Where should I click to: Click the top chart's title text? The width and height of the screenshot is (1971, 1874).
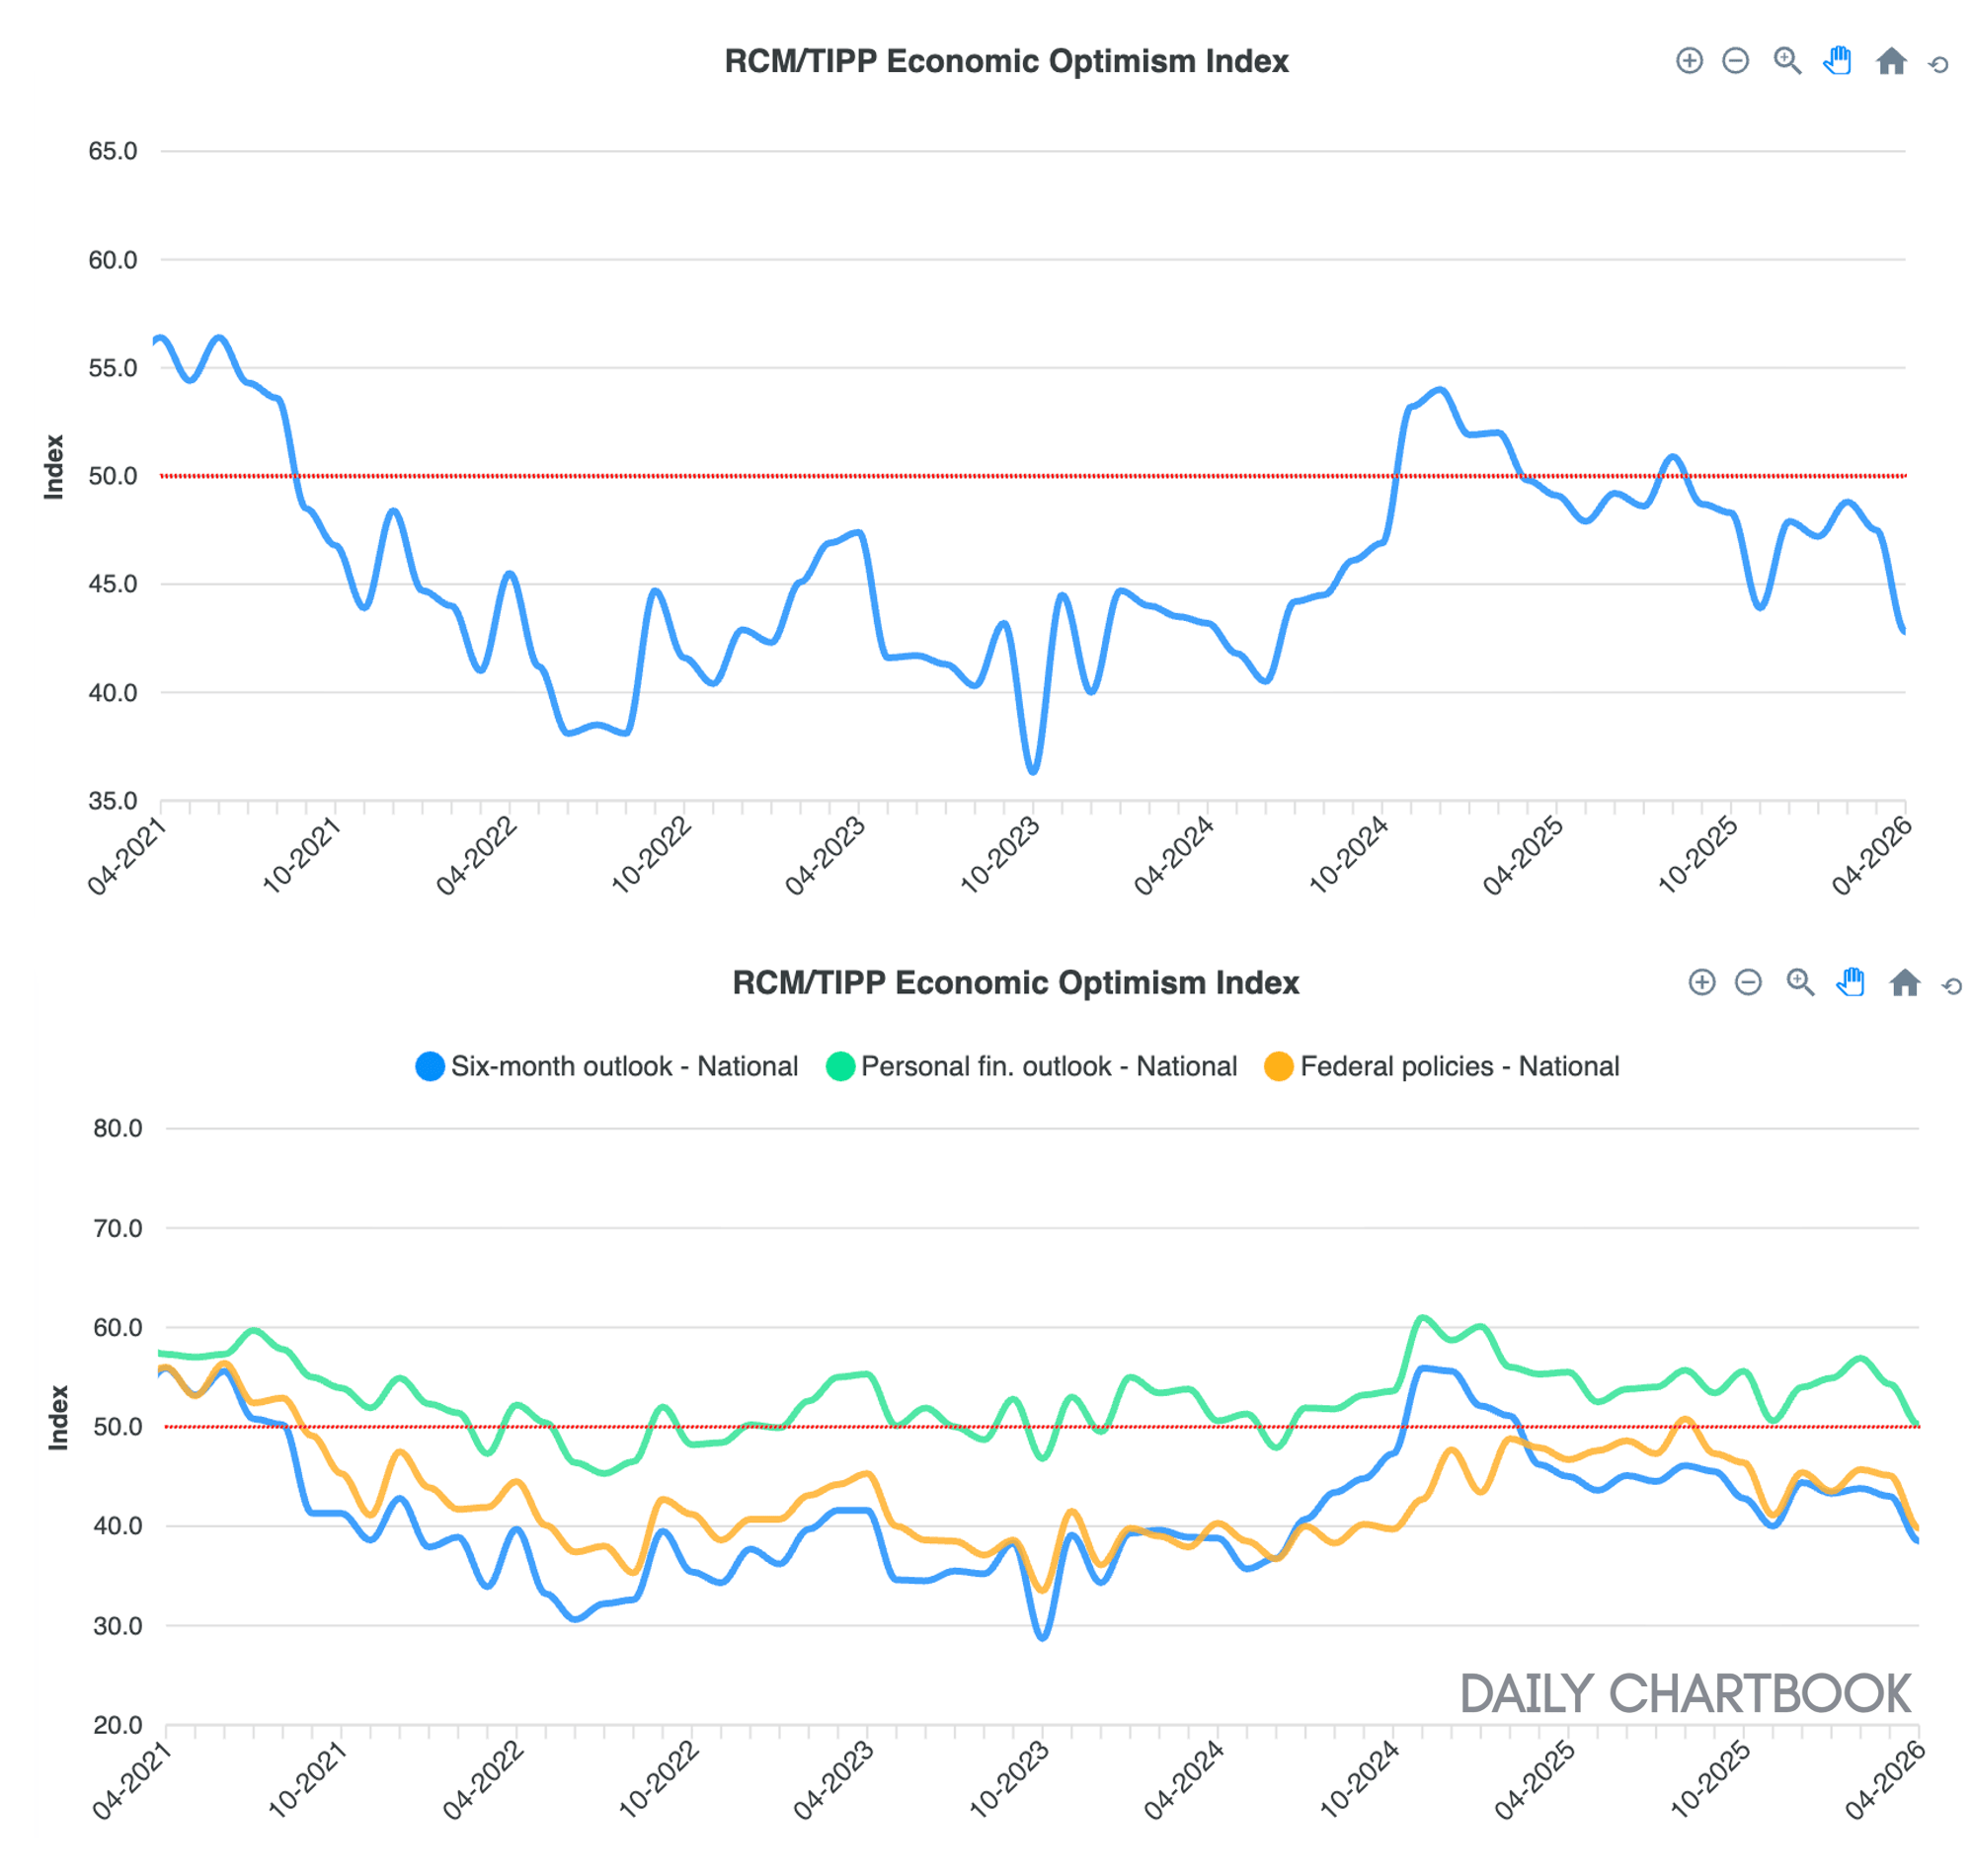click(1006, 61)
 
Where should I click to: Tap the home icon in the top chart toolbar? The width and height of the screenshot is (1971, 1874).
click(1891, 62)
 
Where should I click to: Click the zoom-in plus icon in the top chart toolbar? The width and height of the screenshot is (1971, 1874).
click(1689, 61)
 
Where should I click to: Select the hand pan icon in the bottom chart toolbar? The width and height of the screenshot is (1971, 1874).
click(1851, 983)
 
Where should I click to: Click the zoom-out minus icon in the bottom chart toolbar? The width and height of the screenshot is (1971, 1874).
click(1748, 983)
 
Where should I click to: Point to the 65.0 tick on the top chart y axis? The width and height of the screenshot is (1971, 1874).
click(112, 151)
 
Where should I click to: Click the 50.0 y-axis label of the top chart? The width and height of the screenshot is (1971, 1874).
click(112, 476)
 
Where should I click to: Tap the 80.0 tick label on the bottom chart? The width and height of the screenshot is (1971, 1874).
click(117, 1129)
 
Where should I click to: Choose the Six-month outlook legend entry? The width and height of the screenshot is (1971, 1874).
click(606, 1067)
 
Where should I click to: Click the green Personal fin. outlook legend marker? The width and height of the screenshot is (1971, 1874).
click(840, 1067)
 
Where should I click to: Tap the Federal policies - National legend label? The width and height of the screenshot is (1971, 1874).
click(1459, 1067)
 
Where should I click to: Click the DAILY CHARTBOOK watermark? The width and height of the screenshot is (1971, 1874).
click(1686, 1694)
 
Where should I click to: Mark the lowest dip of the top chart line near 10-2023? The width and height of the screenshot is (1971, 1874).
click(1033, 771)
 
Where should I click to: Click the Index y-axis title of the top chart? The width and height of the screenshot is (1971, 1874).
click(54, 466)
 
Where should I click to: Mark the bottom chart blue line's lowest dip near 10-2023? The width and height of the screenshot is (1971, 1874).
click(1043, 1638)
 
